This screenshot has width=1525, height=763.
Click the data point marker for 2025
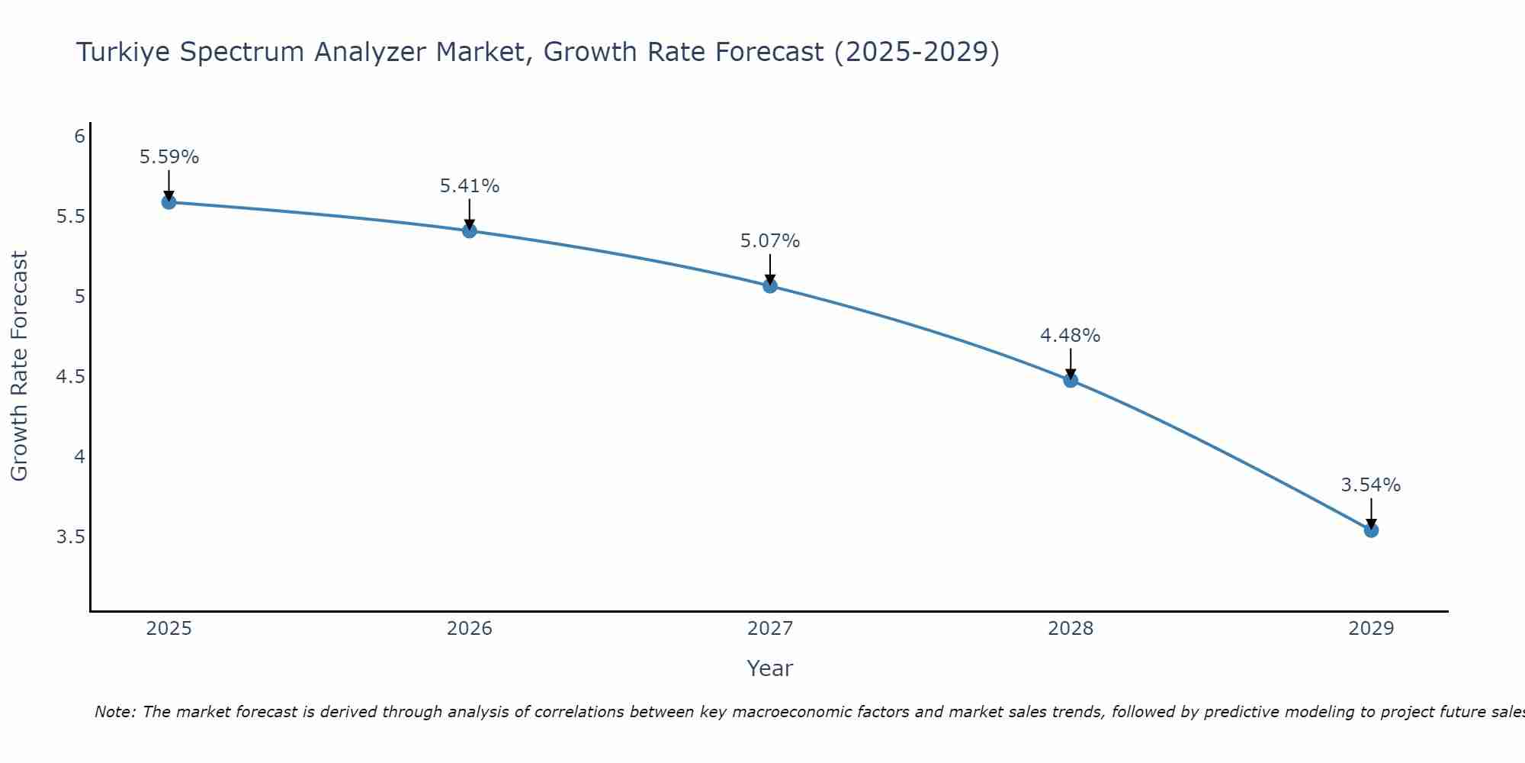(x=169, y=202)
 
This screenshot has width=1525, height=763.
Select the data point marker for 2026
(x=469, y=230)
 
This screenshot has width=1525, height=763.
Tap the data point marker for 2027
(x=770, y=286)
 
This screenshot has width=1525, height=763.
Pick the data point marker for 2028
(x=1071, y=380)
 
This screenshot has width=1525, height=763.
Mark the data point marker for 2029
(x=1371, y=530)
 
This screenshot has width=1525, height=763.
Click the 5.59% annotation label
(x=169, y=157)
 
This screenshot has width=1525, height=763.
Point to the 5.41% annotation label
(x=469, y=186)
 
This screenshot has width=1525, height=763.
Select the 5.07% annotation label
(x=770, y=241)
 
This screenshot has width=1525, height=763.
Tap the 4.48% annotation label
(x=1071, y=336)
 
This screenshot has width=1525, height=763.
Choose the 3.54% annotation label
(x=1371, y=485)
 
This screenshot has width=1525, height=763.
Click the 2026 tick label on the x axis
(x=469, y=629)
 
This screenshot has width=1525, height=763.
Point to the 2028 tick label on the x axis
(x=1071, y=629)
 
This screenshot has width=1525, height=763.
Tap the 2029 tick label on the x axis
(x=1371, y=629)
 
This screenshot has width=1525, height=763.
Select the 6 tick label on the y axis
(x=79, y=137)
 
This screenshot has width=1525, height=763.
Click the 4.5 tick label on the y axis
(x=70, y=377)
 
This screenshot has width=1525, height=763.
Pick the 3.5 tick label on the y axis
(x=70, y=537)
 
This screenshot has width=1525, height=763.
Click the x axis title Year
(x=770, y=668)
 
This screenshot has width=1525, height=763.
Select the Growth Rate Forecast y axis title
(x=19, y=366)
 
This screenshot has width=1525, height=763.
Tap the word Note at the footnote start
(x=114, y=712)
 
